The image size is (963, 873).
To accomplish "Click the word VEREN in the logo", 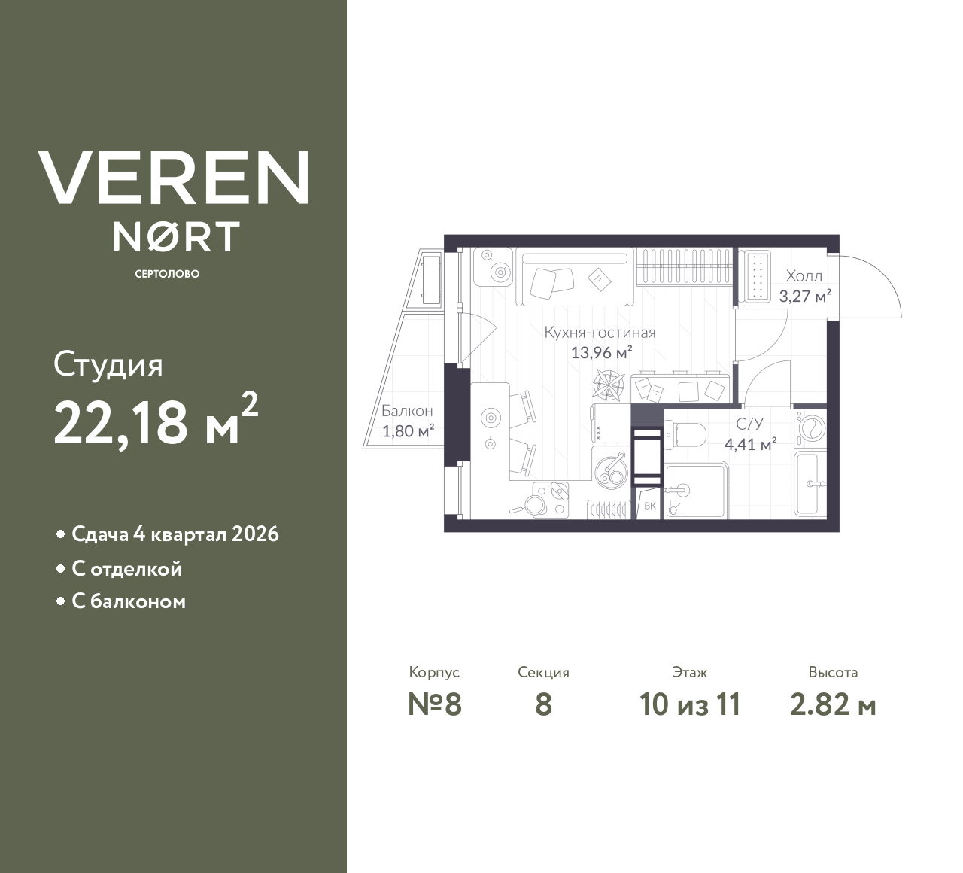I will coord(173,178).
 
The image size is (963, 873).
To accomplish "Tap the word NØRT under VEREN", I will coord(176,236).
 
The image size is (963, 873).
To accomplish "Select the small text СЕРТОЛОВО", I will coord(167,274).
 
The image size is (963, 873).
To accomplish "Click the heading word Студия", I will coord(108,366).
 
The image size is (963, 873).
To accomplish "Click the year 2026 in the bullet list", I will coord(255,534).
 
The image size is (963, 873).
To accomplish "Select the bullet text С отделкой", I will coord(126,569).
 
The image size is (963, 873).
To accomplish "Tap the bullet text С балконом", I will coord(128,602).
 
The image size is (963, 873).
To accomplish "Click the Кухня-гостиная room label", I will coord(600,333).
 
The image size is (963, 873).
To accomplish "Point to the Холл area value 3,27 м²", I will coord(805,296).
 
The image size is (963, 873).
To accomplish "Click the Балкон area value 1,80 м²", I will coord(409,431).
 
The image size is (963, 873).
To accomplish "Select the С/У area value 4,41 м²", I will coord(750,444).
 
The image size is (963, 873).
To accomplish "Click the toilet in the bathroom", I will coord(685,433).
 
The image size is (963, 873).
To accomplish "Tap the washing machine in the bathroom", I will coord(810,428).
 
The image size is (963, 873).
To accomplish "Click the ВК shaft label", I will coord(650,506).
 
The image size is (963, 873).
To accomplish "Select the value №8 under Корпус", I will coord(434,705).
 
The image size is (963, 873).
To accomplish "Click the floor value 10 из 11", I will coord(690,705).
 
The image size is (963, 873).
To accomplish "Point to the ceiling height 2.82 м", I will coord(833,705).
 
